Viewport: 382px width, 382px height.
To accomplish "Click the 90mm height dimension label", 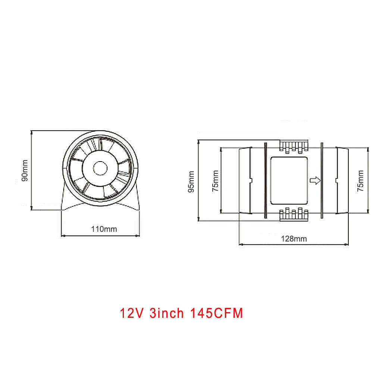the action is pyautogui.click(x=25, y=170).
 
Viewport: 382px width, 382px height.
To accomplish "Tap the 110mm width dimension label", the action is pyautogui.click(x=104, y=229).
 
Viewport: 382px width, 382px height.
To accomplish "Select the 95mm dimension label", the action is pyautogui.click(x=191, y=182).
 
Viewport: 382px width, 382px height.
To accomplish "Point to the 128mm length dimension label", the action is pyautogui.click(x=294, y=239).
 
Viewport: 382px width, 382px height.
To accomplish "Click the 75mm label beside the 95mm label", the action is pyautogui.click(x=215, y=181).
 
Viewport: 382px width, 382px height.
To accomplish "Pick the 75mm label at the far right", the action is pyautogui.click(x=360, y=181).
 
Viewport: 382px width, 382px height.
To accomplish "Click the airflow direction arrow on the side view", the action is pyautogui.click(x=315, y=181).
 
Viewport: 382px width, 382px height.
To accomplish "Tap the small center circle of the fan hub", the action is pyautogui.click(x=100, y=168).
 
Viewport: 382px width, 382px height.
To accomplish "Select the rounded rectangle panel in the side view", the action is pyautogui.click(x=289, y=181).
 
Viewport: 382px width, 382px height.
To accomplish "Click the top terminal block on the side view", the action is pyautogui.click(x=294, y=146).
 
